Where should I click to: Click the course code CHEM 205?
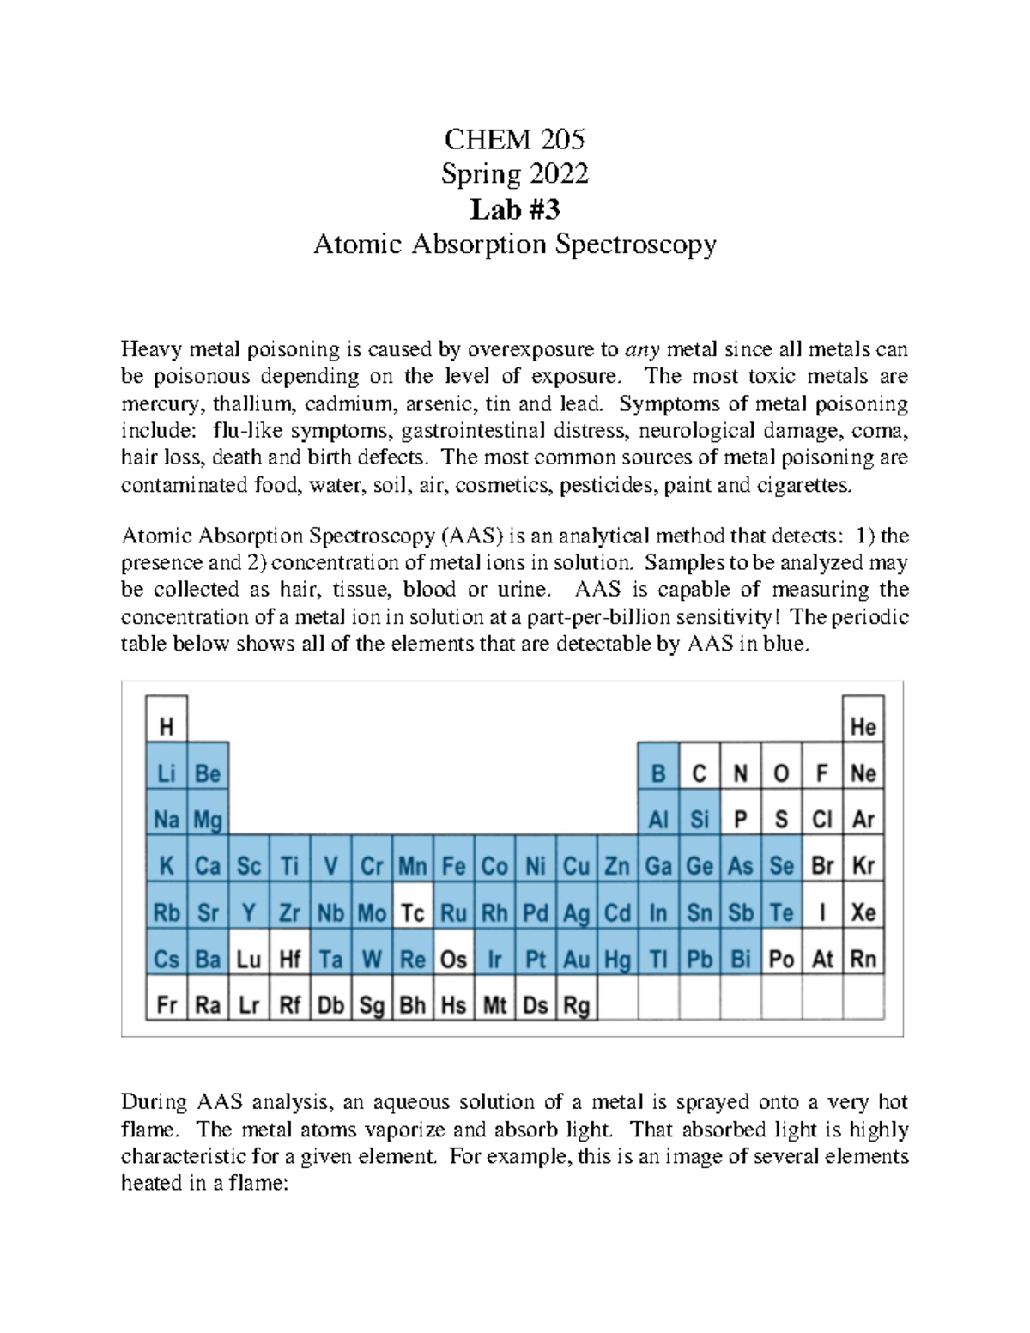click(514, 138)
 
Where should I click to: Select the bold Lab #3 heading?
click(514, 209)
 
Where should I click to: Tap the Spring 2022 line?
click(514, 174)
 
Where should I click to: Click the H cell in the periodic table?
click(167, 727)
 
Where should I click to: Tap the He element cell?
click(863, 727)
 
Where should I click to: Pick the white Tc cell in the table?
click(413, 912)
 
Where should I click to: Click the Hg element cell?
click(617, 959)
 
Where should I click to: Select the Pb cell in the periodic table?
click(700, 959)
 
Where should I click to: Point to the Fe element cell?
click(453, 866)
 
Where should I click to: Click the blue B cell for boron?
click(658, 773)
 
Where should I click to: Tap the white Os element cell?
click(453, 959)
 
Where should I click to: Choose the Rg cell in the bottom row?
click(577, 1005)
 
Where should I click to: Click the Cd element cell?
click(617, 912)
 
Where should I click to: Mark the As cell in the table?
click(740, 866)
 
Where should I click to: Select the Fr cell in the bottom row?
click(167, 1005)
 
